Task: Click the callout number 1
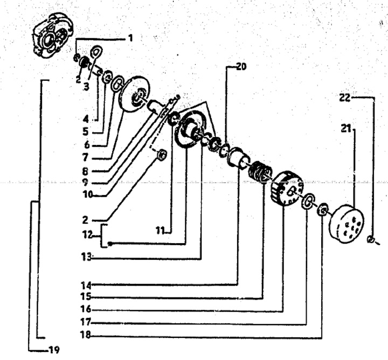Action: click(130, 39)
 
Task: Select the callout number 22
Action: click(345, 98)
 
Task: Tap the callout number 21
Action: click(346, 128)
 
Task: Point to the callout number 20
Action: click(241, 67)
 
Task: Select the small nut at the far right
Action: click(370, 240)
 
